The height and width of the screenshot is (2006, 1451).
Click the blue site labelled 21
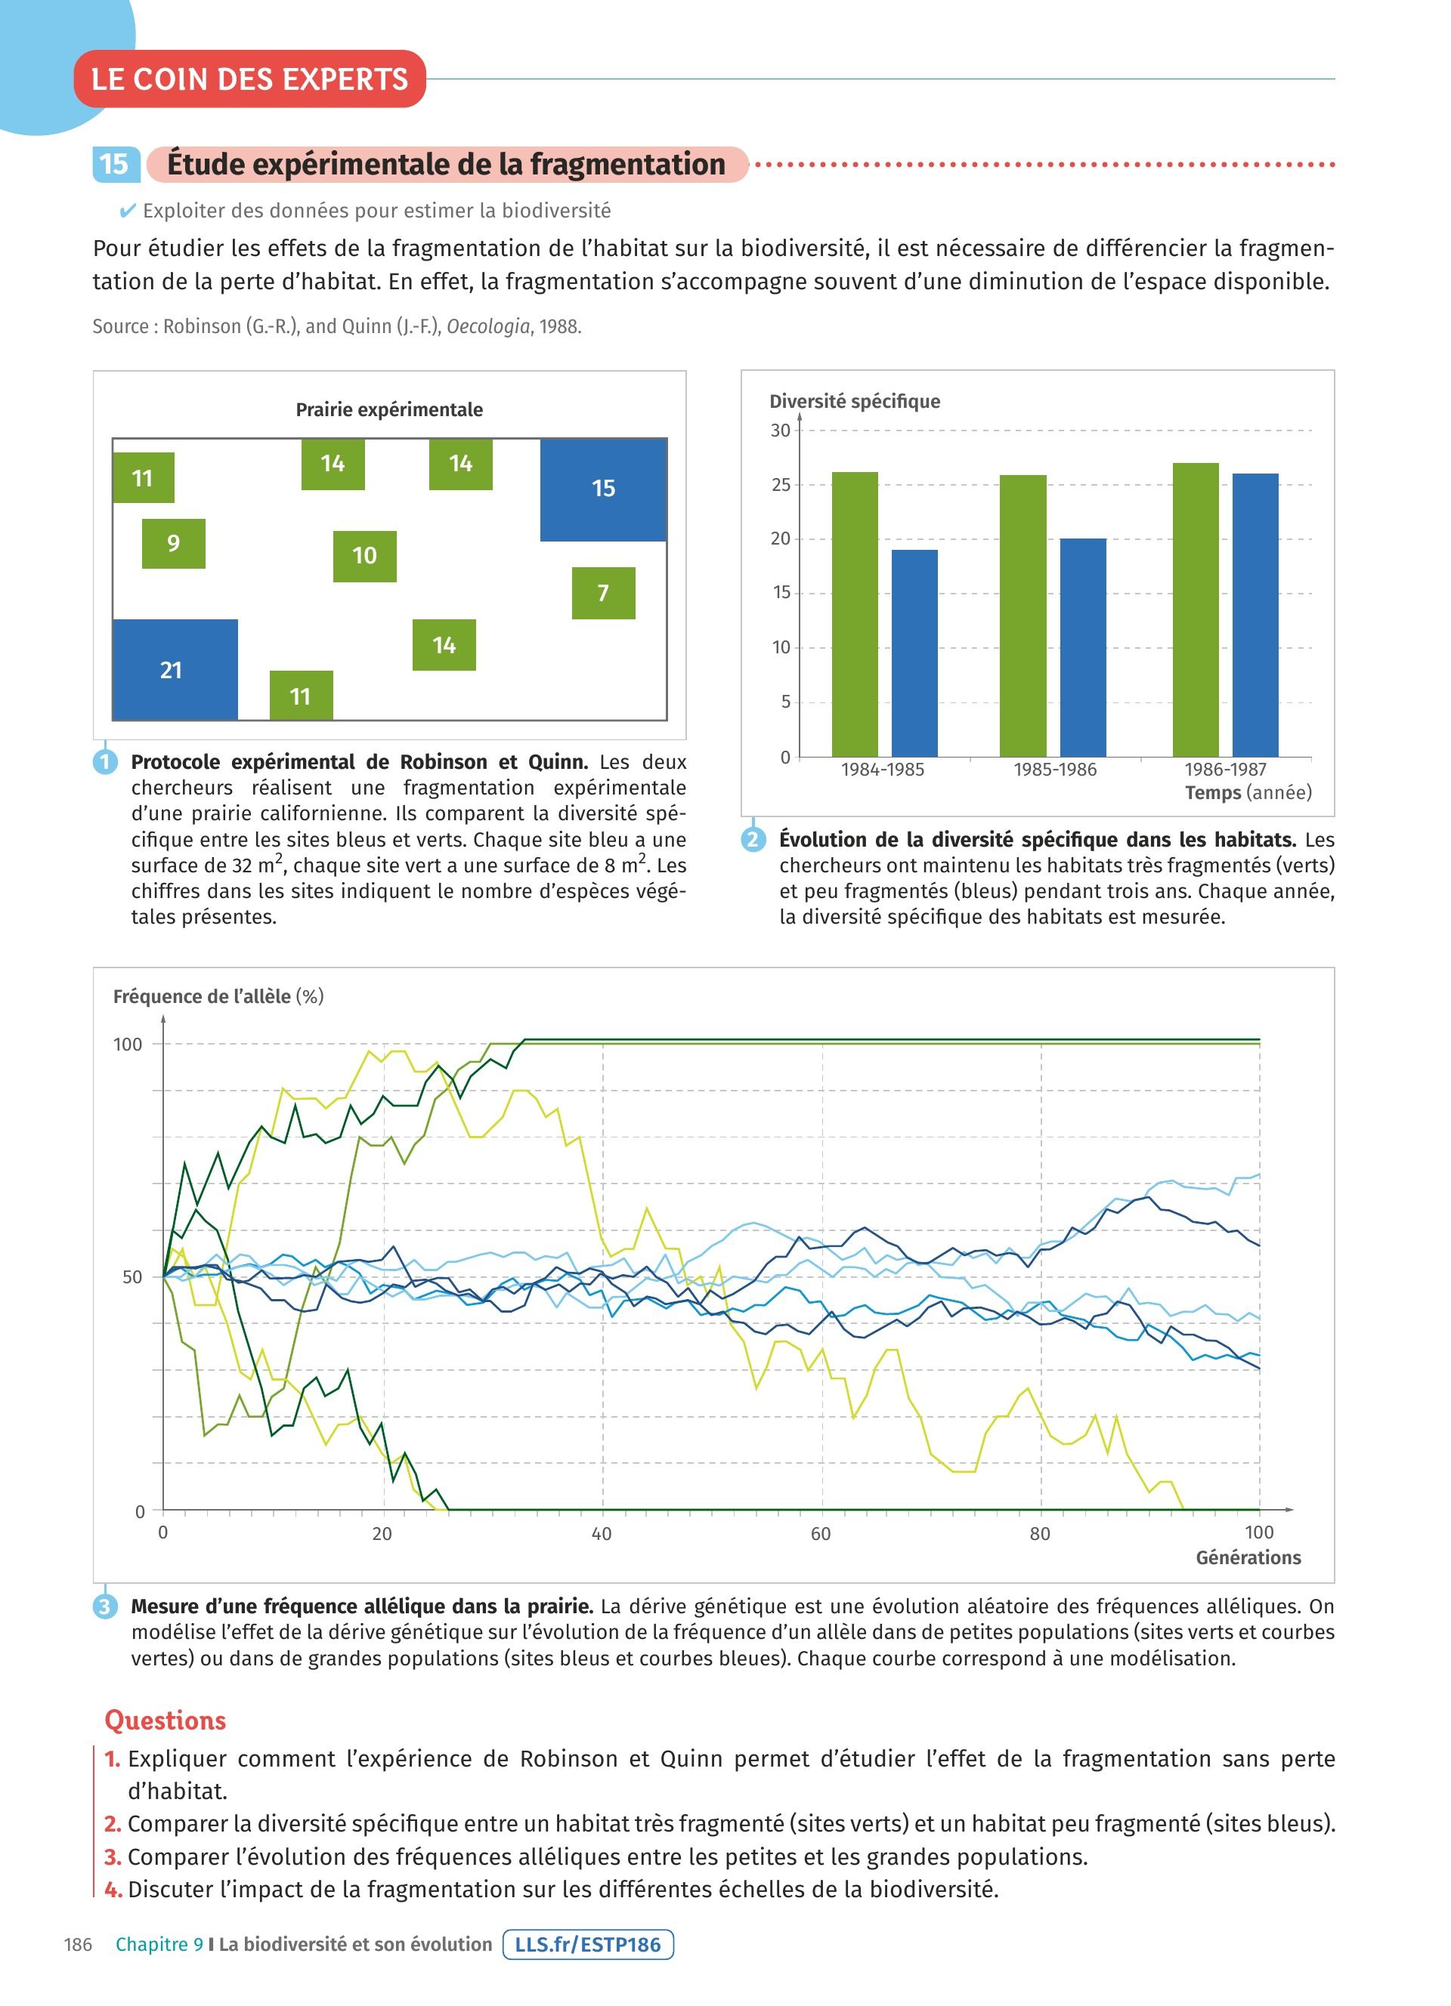(x=175, y=670)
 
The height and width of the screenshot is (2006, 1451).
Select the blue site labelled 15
(x=602, y=489)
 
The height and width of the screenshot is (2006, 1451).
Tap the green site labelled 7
(x=602, y=593)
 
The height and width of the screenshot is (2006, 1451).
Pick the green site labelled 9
(x=173, y=543)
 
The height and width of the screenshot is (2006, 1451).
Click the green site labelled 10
(x=364, y=555)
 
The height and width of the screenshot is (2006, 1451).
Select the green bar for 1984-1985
(x=855, y=614)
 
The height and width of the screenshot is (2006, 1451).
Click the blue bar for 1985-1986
(x=1083, y=647)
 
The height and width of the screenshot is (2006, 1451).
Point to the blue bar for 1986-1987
(x=1255, y=615)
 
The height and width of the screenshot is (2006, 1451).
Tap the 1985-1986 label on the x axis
(x=1055, y=770)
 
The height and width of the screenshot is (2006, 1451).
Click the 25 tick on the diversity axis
(x=781, y=485)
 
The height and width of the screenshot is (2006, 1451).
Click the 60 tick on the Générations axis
(x=820, y=1532)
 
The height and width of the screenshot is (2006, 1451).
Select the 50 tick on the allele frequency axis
(x=131, y=1276)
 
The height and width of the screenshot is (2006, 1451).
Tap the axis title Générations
(x=1248, y=1557)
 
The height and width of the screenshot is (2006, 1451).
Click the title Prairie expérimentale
(x=389, y=409)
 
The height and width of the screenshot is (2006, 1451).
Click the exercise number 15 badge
(x=114, y=165)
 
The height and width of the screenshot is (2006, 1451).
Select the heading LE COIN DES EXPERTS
(x=249, y=79)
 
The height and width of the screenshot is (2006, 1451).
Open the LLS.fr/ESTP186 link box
(x=587, y=1944)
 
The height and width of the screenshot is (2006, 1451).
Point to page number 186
(x=78, y=1944)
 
